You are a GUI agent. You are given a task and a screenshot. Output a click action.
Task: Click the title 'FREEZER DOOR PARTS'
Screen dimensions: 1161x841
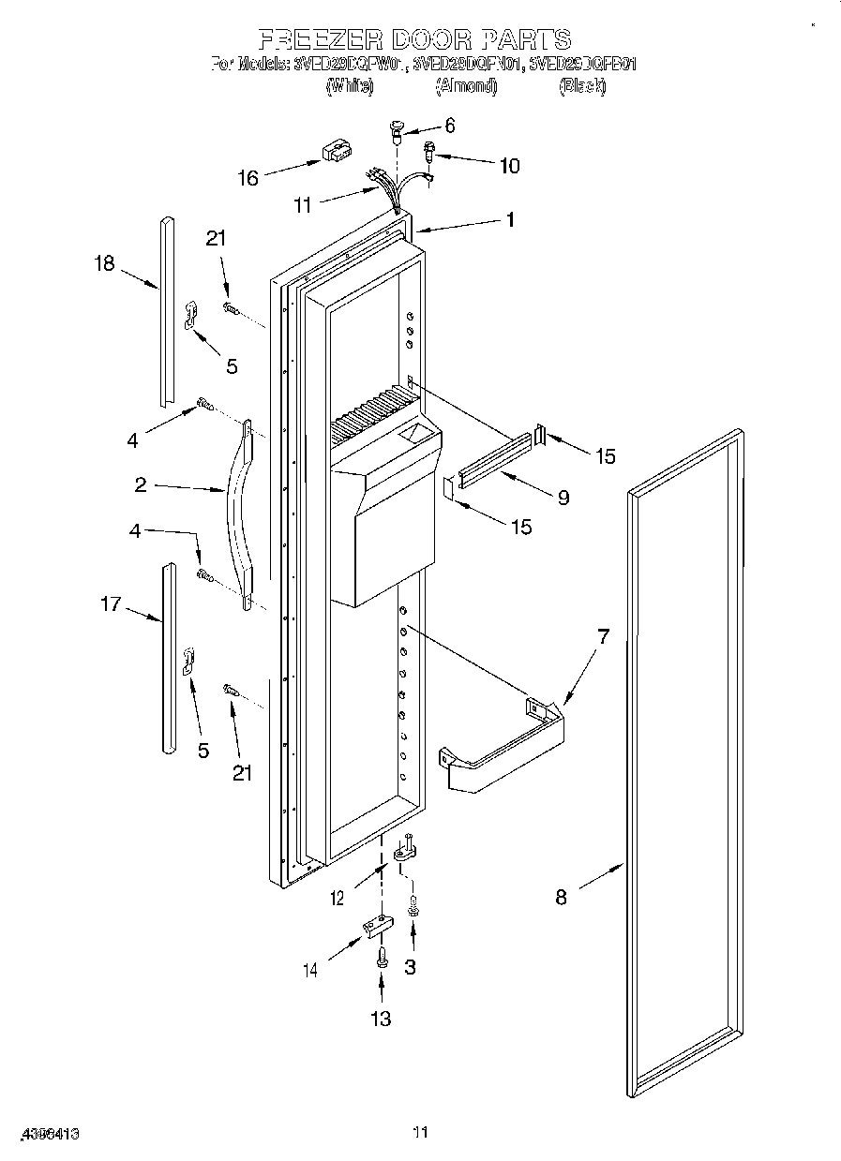tap(413, 39)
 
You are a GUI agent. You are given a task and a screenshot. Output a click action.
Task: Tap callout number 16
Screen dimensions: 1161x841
tap(248, 178)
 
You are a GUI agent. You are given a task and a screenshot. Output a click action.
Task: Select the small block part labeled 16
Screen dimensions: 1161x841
tap(334, 152)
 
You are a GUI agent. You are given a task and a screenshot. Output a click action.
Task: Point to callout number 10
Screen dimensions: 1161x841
tap(509, 167)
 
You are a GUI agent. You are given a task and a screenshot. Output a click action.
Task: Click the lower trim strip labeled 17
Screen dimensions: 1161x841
tap(167, 657)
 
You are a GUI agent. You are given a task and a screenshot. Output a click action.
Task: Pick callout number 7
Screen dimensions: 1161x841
tap(603, 637)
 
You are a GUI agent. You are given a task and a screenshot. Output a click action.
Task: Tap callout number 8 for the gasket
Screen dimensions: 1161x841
tap(561, 897)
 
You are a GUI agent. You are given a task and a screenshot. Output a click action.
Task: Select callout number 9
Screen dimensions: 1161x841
tap(563, 498)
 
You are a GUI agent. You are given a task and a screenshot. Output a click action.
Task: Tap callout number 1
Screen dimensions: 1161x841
tap(510, 220)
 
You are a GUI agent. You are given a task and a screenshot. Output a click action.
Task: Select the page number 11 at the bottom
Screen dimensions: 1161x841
tap(420, 1133)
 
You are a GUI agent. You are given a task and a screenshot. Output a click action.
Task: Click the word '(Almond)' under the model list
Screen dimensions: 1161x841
tap(466, 86)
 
